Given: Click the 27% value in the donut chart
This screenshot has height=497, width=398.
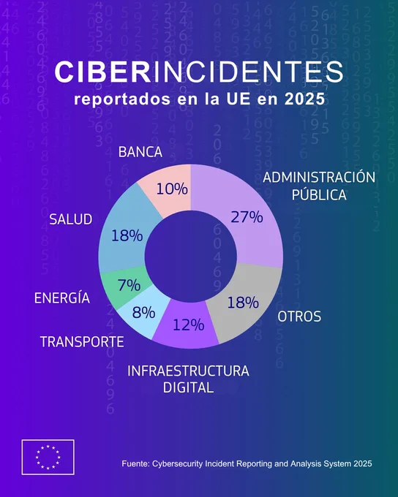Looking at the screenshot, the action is [247, 217].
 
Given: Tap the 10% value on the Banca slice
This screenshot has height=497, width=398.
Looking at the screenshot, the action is [172, 189].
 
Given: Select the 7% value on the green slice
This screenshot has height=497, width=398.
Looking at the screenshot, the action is [129, 285].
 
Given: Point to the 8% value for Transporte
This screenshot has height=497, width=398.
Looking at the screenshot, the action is [144, 312].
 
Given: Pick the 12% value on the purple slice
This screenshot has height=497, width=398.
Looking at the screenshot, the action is [188, 325].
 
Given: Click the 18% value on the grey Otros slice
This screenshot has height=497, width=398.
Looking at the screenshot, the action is [243, 303].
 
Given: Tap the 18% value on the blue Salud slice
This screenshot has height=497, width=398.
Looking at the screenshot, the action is [127, 236].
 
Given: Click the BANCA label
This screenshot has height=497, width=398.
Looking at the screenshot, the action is [140, 152].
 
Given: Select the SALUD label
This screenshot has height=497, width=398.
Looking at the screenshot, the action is [71, 219].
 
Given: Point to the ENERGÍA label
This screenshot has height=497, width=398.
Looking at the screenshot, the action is [62, 297].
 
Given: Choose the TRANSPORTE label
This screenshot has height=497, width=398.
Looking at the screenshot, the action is [82, 342].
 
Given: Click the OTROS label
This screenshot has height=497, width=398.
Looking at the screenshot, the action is [299, 316].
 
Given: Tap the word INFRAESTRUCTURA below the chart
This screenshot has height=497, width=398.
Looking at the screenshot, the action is [188, 371].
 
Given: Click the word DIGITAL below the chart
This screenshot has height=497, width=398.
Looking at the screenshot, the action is [188, 387].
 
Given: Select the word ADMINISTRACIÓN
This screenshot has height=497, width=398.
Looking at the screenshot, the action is [319, 177].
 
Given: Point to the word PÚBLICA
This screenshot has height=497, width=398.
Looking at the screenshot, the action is [319, 194].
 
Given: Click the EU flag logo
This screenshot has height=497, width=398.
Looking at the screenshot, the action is [48, 457].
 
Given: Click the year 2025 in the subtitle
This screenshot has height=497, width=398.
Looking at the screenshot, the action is [304, 99].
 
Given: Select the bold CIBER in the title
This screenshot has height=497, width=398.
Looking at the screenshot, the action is [102, 72].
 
